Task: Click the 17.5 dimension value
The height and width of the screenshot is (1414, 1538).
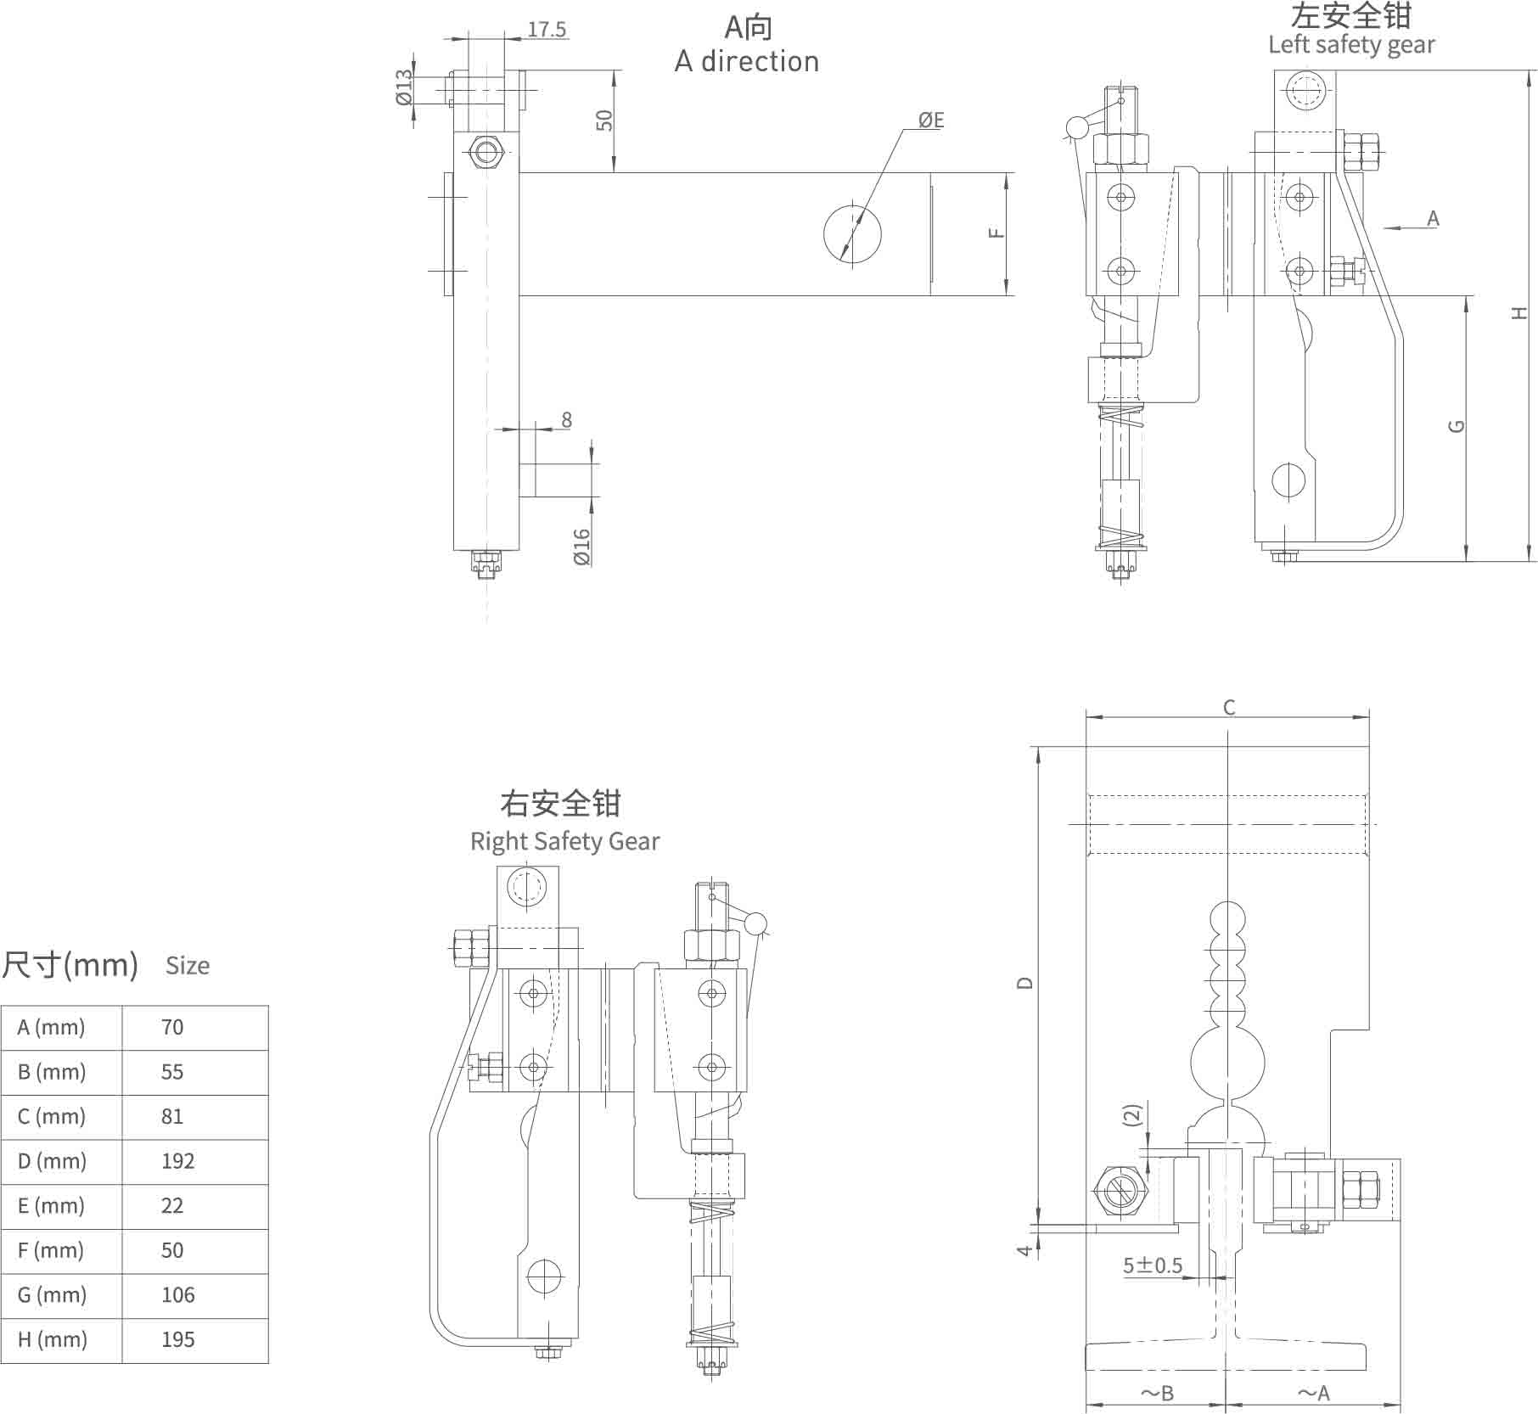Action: click(x=547, y=30)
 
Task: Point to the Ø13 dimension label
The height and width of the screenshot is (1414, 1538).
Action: click(x=404, y=87)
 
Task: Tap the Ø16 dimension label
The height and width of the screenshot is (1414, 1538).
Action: click(x=581, y=547)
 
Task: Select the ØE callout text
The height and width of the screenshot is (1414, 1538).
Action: click(x=931, y=120)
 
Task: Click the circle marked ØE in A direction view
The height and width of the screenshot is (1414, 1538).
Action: click(x=852, y=233)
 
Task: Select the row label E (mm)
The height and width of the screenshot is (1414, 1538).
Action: click(x=52, y=1205)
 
